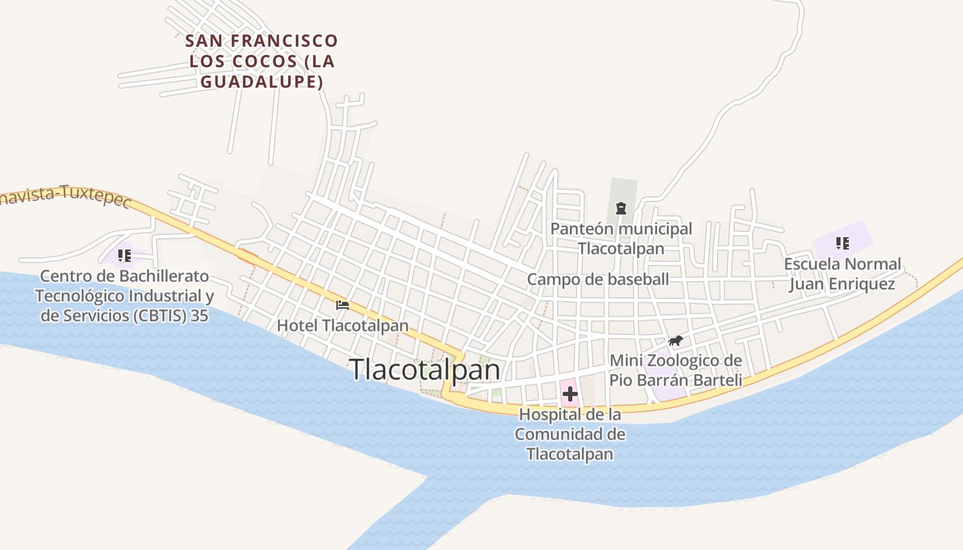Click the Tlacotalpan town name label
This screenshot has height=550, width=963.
[424, 370]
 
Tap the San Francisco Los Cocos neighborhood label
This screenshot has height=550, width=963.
[261, 61]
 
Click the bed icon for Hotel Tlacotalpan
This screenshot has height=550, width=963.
[343, 305]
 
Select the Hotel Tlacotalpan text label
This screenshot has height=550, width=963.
[343, 325]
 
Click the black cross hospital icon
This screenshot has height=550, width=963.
[570, 395]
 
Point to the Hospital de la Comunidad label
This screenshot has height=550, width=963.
[570, 434]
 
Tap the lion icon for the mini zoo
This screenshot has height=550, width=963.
[675, 341]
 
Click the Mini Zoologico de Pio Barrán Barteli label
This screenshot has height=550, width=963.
[675, 371]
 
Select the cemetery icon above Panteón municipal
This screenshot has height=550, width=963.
[621, 208]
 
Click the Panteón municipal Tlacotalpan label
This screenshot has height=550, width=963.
[621, 238]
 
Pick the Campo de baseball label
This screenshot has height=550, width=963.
[598, 279]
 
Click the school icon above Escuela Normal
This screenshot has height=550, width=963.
[842, 243]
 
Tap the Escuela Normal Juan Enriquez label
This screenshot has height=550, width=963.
[842, 274]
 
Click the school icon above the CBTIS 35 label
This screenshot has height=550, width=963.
[125, 256]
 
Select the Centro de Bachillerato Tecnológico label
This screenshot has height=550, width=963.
[125, 296]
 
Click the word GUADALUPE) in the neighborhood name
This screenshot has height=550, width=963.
[261, 82]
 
